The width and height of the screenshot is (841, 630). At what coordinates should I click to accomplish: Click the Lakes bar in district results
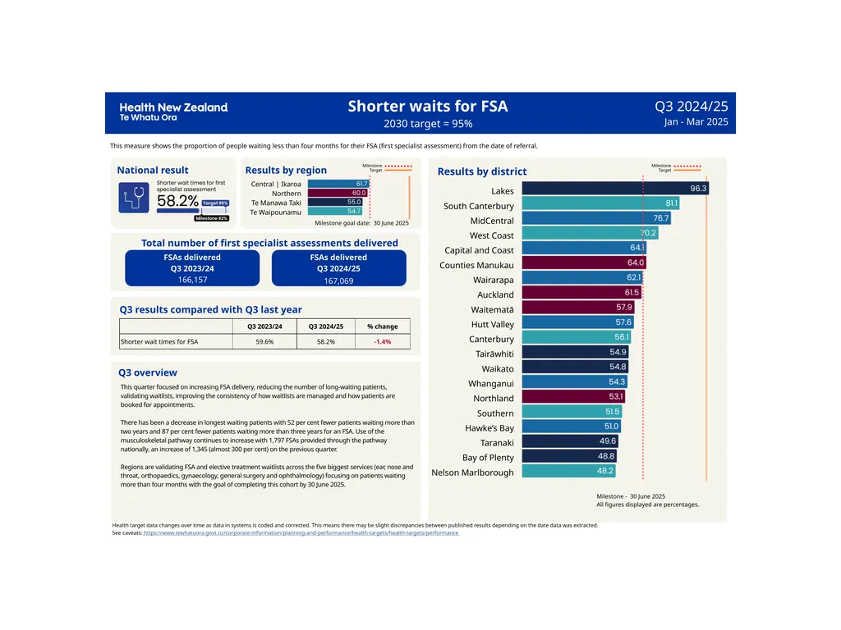615,188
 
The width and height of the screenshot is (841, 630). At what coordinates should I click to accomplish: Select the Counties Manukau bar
584,262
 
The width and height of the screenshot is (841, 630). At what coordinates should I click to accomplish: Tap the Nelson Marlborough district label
472,472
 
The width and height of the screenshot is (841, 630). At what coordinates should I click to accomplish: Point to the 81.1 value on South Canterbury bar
672,203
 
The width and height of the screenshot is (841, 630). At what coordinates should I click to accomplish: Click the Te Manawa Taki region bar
335,202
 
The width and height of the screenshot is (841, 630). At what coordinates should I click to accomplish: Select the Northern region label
287,194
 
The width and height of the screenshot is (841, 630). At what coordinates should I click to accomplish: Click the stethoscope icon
134,198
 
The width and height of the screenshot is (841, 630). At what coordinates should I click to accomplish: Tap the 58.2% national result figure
177,201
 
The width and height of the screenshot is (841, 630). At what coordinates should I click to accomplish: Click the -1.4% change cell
383,342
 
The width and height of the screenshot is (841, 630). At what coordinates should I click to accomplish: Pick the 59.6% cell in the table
264,342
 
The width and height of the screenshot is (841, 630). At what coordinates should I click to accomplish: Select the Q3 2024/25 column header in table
325,326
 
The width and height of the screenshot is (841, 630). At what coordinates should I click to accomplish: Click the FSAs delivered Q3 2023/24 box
192,268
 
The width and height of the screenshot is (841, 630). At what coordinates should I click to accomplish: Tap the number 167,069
338,281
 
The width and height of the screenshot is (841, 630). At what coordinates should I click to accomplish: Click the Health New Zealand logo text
174,112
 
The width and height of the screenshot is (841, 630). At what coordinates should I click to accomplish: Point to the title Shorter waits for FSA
427,106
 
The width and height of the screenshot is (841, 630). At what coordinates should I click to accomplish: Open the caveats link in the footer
301,533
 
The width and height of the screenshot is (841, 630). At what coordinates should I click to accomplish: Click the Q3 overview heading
148,372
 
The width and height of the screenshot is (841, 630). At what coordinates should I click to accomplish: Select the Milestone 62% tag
212,218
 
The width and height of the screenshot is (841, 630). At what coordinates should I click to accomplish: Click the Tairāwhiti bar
575,351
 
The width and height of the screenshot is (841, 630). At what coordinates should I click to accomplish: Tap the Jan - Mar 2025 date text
696,121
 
